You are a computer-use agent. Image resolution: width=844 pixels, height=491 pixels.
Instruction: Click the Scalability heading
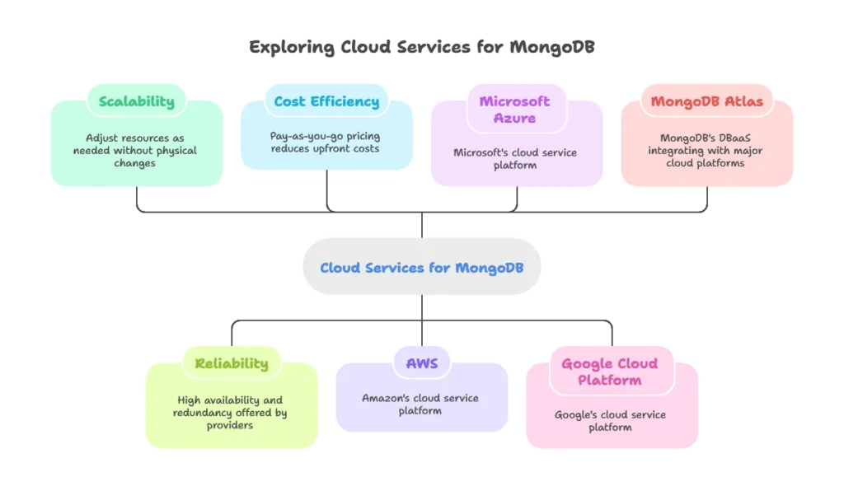tap(137, 102)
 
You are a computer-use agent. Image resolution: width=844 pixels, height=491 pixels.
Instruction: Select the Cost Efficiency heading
tap(326, 102)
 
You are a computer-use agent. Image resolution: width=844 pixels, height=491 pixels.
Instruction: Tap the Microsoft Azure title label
tap(516, 110)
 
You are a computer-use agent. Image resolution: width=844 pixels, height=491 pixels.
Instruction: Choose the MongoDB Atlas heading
tap(707, 102)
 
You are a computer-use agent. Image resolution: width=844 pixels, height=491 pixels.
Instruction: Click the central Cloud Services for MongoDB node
tap(421, 268)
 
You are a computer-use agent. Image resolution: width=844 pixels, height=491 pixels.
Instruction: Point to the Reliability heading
tap(232, 363)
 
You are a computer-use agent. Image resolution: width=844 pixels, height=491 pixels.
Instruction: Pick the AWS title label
tap(421, 363)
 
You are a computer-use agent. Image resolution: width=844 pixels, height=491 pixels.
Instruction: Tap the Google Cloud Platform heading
tap(610, 372)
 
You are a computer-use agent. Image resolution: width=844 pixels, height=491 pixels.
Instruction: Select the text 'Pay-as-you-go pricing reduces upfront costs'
tap(326, 142)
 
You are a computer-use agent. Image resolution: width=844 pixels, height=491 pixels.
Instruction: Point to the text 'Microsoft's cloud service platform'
tap(516, 159)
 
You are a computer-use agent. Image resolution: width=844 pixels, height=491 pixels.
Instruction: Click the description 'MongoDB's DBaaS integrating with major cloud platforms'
tap(706, 151)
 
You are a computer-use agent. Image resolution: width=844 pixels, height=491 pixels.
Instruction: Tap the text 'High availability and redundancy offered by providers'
tap(231, 412)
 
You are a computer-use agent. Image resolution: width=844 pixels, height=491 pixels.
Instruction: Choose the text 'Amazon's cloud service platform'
tap(420, 404)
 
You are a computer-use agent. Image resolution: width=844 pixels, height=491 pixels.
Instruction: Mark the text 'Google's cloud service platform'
tap(610, 420)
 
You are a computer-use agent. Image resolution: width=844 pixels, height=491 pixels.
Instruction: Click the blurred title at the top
tap(421, 48)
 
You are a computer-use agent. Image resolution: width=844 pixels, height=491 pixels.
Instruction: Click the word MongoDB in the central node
tap(486, 268)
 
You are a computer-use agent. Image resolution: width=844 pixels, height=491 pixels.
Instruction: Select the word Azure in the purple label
tap(516, 119)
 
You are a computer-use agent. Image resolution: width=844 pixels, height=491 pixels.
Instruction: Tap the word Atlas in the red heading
tap(743, 102)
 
